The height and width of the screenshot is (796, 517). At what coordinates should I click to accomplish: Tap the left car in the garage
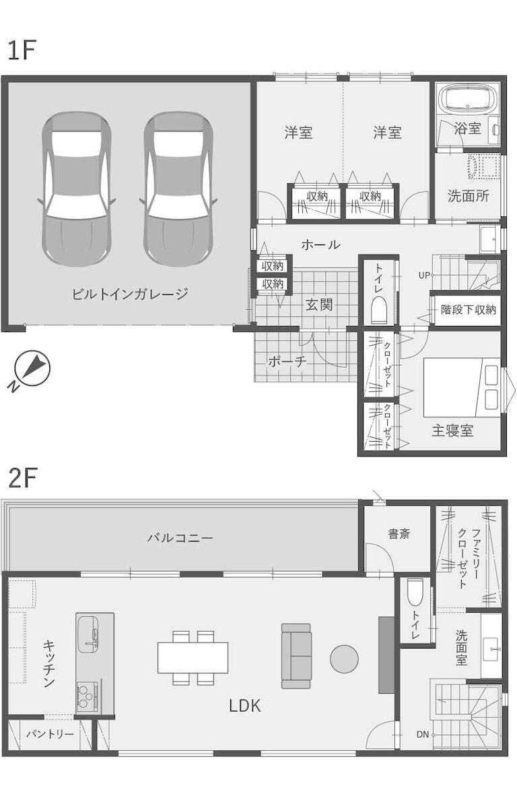pyautogui.click(x=77, y=189)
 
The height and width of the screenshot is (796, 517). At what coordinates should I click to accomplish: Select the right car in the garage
pyautogui.click(x=178, y=189)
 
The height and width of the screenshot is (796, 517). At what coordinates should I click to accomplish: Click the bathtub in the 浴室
pyautogui.click(x=469, y=99)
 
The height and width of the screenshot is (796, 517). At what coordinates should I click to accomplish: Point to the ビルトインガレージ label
pyautogui.click(x=130, y=294)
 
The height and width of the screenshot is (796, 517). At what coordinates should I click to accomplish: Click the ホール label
pyautogui.click(x=320, y=244)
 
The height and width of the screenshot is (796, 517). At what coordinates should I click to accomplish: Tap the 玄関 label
pyautogui.click(x=319, y=304)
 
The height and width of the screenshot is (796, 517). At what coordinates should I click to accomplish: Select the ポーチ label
pyautogui.click(x=287, y=361)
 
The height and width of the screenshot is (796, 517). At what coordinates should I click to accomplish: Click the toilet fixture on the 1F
pyautogui.click(x=379, y=309)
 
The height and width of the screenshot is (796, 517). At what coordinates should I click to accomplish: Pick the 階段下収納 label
pyautogui.click(x=468, y=309)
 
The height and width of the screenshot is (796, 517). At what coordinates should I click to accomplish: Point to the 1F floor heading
pyautogui.click(x=22, y=51)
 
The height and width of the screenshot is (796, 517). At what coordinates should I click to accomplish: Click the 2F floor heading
pyautogui.click(x=23, y=478)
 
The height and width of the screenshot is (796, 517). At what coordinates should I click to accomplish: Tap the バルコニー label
pyautogui.click(x=180, y=537)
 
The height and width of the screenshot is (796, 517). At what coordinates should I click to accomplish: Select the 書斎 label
pyautogui.click(x=399, y=533)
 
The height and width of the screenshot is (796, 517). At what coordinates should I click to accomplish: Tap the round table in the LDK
pyautogui.click(x=345, y=659)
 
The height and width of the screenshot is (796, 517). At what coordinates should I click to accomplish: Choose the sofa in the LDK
pyautogui.click(x=296, y=656)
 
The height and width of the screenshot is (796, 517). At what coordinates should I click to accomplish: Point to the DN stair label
pyautogui.click(x=423, y=734)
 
